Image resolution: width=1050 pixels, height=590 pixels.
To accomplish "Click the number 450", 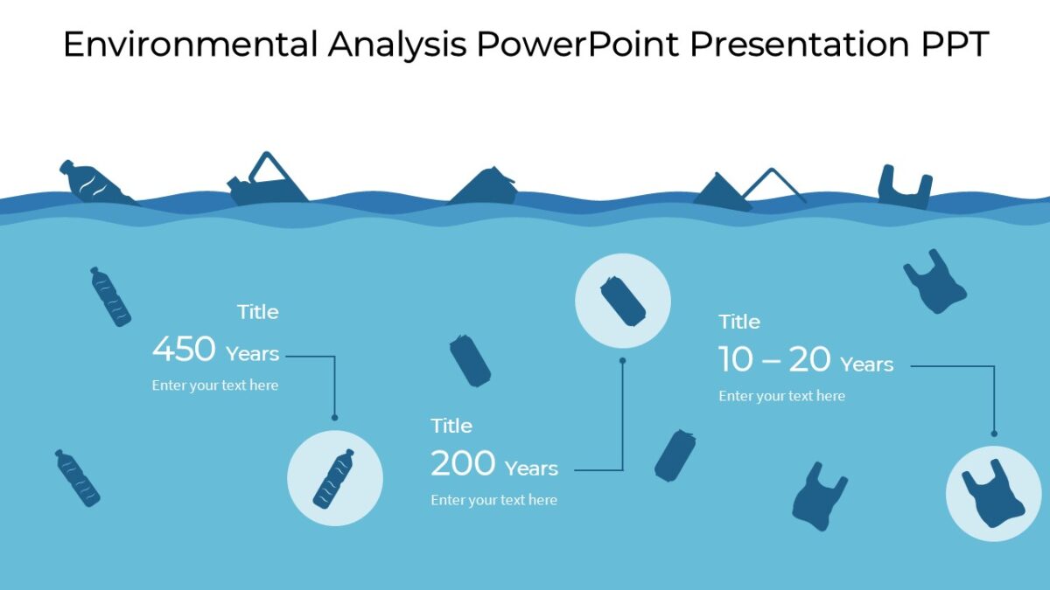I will point(184,350).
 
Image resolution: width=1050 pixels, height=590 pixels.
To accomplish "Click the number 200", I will point(463,464).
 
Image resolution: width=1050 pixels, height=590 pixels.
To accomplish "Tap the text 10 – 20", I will point(774,359).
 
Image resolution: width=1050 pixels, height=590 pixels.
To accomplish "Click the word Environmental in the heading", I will point(190,45).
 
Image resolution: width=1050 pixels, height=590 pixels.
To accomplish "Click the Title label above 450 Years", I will point(258,312).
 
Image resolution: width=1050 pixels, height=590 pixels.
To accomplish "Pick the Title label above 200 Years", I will point(451,426).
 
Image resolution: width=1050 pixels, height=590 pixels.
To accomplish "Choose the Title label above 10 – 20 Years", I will point(739,322).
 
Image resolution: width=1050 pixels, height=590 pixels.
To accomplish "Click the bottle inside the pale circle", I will point(334,479).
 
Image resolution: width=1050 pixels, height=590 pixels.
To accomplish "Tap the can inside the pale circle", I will point(623,301).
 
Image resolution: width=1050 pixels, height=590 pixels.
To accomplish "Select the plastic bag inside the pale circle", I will point(992,494).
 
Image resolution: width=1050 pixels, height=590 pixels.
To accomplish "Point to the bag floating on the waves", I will point(903,188).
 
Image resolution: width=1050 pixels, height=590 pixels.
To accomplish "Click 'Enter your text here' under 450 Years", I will point(215,385).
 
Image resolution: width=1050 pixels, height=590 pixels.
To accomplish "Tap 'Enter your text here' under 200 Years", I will point(493,500).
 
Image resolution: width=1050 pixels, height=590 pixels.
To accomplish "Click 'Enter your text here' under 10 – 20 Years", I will point(781,396).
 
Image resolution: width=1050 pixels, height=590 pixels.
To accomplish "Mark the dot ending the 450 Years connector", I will point(334,418).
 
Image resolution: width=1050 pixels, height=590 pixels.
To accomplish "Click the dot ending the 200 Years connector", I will point(623,359).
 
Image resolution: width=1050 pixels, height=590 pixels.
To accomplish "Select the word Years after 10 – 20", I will point(866,364).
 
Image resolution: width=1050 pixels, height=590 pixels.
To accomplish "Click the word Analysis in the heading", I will point(397,45).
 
